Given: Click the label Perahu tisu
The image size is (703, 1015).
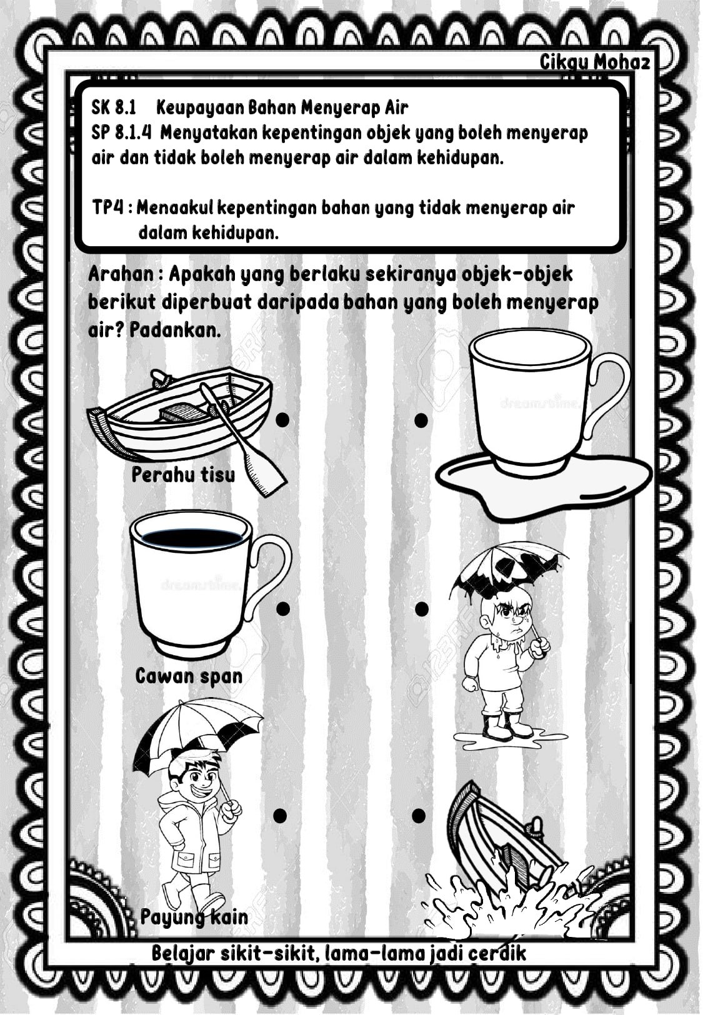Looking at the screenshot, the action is [183, 475].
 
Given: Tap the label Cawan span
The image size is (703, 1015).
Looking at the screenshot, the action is [189, 676].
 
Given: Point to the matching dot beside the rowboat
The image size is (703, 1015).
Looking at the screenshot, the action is [282, 420].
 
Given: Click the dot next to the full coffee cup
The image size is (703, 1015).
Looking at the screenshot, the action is [282, 608].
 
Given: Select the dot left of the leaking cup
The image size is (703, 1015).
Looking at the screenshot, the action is [421, 420].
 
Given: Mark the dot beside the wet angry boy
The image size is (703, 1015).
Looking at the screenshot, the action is [421, 608].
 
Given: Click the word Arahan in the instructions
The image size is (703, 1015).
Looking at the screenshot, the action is [121, 274].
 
